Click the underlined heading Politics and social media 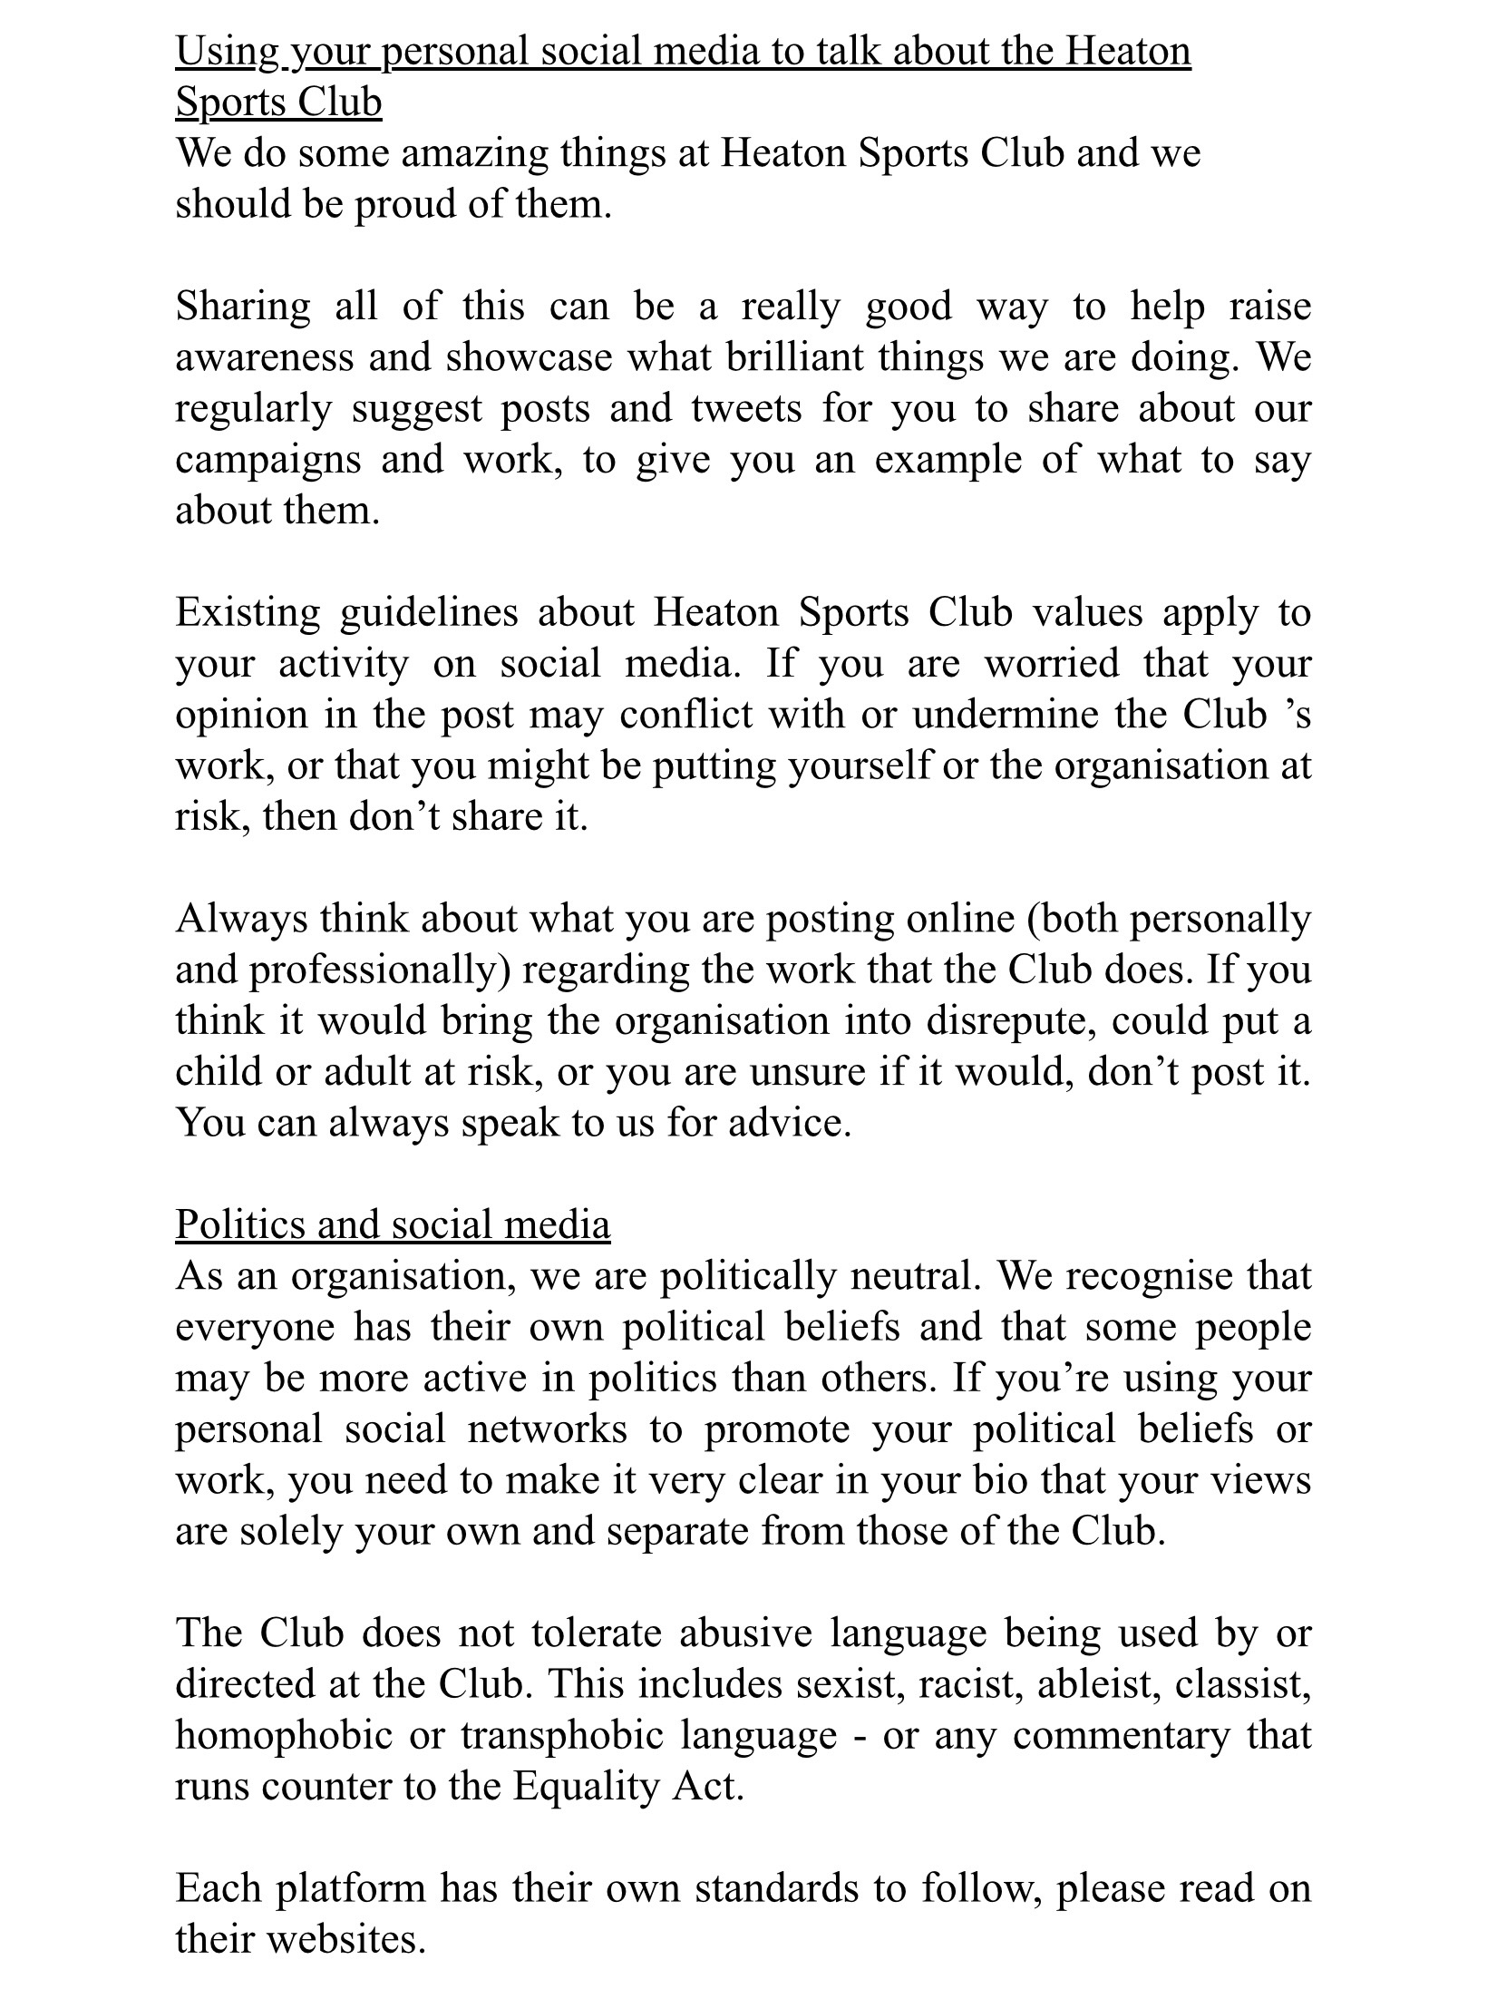point(393,1224)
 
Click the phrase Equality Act point(627,1786)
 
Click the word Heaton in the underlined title point(1127,51)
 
